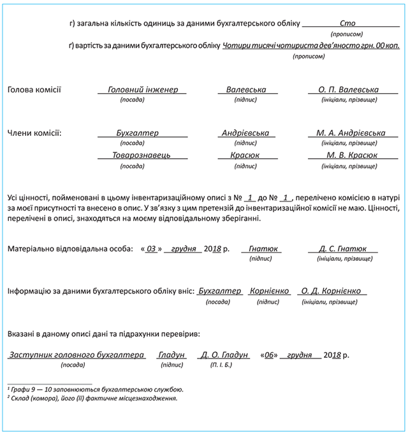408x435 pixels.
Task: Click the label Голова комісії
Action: pos(34,90)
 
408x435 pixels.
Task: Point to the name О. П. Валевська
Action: pos(348,90)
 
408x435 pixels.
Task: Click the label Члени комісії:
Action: pos(34,133)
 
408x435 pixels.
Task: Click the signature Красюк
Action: pos(245,155)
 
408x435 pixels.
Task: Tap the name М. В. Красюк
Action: pos(352,155)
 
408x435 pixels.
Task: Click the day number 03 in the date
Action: pos(151,249)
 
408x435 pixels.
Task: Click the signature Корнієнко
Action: pos(269,291)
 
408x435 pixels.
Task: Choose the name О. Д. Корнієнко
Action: pos(331,291)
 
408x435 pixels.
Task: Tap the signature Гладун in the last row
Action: pos(171,355)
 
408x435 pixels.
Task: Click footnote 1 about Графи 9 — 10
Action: pos(96,389)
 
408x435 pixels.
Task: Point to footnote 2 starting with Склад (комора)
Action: pos(92,398)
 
